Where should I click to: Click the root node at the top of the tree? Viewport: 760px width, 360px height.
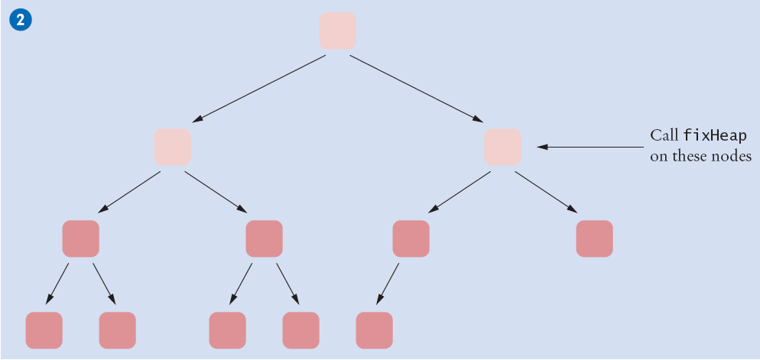(x=337, y=31)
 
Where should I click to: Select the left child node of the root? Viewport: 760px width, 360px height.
(x=172, y=147)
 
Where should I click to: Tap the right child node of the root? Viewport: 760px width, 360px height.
(x=502, y=147)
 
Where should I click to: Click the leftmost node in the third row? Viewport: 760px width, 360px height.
(x=80, y=238)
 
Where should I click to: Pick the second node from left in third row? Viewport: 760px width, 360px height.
(x=264, y=238)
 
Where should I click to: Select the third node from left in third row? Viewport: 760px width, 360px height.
(x=411, y=238)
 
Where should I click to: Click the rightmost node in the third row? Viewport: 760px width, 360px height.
(x=594, y=238)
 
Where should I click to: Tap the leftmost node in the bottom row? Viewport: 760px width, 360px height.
(x=44, y=330)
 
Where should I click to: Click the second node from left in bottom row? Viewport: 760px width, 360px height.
(x=117, y=330)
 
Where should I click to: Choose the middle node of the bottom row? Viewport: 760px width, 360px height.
(x=227, y=330)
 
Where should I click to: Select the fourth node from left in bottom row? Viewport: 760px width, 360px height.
(x=300, y=330)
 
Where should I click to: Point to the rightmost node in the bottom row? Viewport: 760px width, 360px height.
(x=374, y=330)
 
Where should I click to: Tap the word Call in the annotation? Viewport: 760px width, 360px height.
(x=663, y=136)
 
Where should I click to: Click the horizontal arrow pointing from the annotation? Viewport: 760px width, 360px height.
(x=589, y=146)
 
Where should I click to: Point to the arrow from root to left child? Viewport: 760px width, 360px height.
(x=258, y=89)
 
